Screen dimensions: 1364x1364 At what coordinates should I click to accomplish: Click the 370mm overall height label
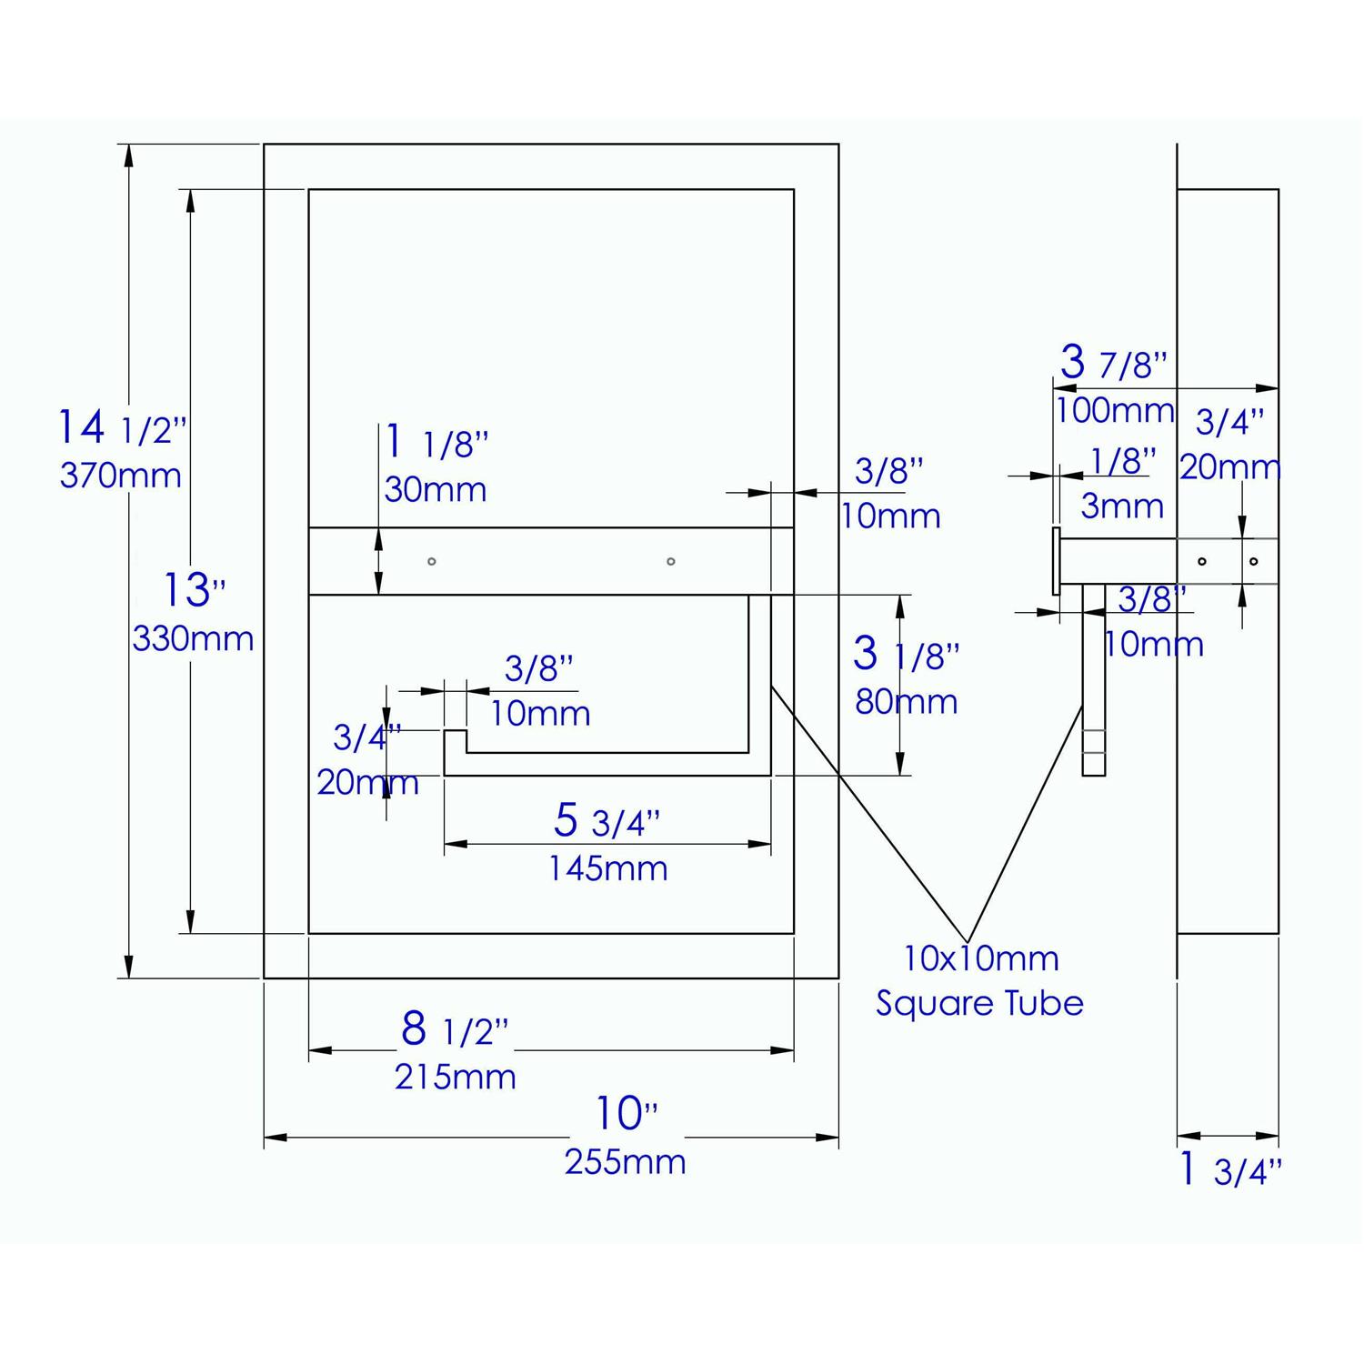[120, 476]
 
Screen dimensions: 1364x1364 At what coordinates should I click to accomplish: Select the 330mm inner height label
[193, 639]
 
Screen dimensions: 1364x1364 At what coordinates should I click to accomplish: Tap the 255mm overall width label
[625, 1162]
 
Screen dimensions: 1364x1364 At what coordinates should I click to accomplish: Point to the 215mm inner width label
[455, 1078]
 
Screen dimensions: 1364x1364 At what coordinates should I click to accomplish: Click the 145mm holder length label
[607, 869]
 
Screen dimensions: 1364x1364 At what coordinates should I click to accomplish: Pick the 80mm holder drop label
[906, 702]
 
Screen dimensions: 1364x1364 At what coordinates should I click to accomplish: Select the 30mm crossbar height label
[435, 490]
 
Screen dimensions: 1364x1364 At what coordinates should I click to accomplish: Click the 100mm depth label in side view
[1115, 411]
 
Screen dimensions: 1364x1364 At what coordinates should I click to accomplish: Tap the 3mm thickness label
[1122, 506]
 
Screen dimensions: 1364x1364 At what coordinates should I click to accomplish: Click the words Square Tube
[979, 1004]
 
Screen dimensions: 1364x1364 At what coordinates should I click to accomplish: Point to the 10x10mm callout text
[980, 958]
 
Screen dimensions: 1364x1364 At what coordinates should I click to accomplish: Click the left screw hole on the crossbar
[432, 561]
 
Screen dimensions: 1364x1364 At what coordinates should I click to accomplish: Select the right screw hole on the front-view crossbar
[671, 561]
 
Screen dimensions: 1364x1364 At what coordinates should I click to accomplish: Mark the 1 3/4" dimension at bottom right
[1229, 1171]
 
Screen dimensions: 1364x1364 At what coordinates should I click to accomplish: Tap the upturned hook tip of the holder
[455, 740]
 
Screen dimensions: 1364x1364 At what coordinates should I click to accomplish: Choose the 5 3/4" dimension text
[607, 821]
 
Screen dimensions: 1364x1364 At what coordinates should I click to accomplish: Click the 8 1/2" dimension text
[454, 1030]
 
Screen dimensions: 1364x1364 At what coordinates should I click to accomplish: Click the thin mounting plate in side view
[1056, 561]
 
